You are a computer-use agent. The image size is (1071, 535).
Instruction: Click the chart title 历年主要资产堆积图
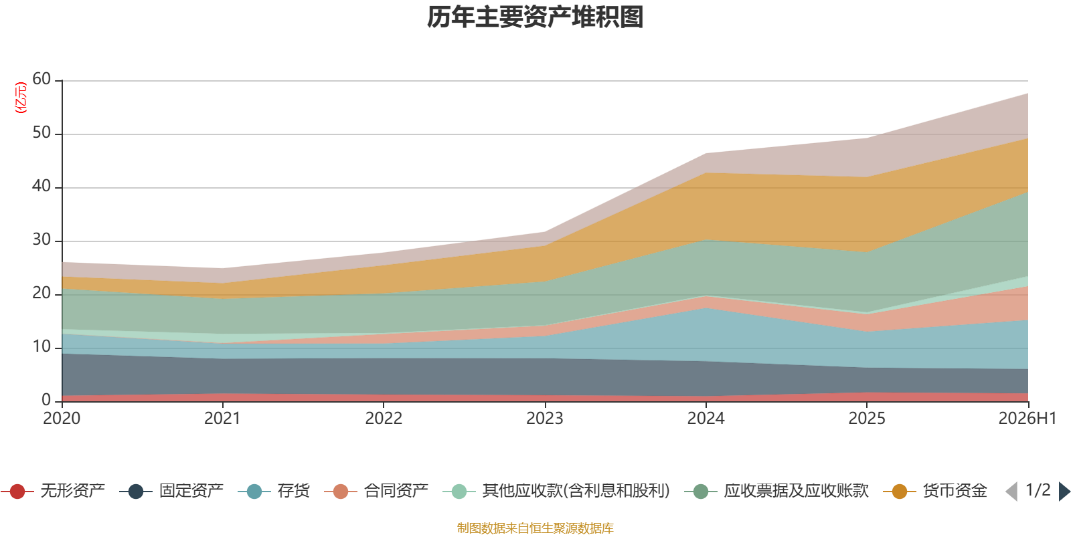click(535, 17)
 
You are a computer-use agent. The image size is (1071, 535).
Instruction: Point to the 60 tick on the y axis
click(42, 79)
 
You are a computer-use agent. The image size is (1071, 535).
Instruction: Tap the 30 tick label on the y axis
click(42, 239)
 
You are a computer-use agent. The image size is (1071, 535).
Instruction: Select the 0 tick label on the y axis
click(46, 400)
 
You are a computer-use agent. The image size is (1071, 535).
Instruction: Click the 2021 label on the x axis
click(222, 419)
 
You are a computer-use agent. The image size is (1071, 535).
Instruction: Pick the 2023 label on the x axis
click(545, 419)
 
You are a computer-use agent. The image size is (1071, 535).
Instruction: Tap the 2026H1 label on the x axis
click(1027, 419)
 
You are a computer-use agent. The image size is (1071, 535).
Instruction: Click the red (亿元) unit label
click(21, 98)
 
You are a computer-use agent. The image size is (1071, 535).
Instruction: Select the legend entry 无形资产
click(53, 491)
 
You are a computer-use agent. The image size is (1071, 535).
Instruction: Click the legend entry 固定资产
click(171, 491)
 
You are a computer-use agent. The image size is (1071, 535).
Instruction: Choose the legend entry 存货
click(274, 491)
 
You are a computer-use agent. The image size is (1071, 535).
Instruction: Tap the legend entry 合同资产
click(376, 491)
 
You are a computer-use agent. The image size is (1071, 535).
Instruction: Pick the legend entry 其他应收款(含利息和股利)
click(556, 491)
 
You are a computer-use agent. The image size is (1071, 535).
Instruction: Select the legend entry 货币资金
click(935, 491)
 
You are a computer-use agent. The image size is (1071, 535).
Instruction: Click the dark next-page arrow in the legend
click(1064, 491)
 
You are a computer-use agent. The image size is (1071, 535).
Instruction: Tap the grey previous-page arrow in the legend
click(1011, 491)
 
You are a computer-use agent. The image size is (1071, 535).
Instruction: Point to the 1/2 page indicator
click(1038, 490)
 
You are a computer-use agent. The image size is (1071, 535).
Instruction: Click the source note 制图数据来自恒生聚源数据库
click(535, 528)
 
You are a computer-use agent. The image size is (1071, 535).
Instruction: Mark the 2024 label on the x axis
click(706, 419)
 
